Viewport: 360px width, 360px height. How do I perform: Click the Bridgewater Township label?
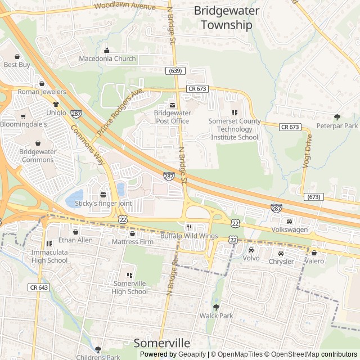[227, 17]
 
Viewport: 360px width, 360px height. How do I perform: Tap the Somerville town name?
[162, 343]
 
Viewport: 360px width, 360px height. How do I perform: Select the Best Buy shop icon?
[17, 57]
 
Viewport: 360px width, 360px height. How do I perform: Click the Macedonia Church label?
[107, 58]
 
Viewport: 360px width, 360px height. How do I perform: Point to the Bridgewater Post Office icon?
[173, 105]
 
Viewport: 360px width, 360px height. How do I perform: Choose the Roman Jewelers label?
[42, 92]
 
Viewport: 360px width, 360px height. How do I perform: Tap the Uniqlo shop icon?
[56, 105]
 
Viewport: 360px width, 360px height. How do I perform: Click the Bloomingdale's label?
[23, 124]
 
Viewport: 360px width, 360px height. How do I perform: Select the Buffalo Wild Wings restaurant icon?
[188, 227]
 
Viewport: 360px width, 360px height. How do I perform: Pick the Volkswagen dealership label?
[290, 229]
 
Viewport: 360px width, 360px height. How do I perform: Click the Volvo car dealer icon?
[251, 250]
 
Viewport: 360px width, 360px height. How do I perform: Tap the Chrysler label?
[281, 262]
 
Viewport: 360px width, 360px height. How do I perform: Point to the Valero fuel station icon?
[314, 253]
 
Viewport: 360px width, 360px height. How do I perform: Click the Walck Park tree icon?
[216, 307]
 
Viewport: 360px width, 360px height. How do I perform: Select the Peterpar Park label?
[337, 126]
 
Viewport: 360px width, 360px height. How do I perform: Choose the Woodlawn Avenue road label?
[125, 7]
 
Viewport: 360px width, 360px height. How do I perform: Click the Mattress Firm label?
[133, 242]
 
